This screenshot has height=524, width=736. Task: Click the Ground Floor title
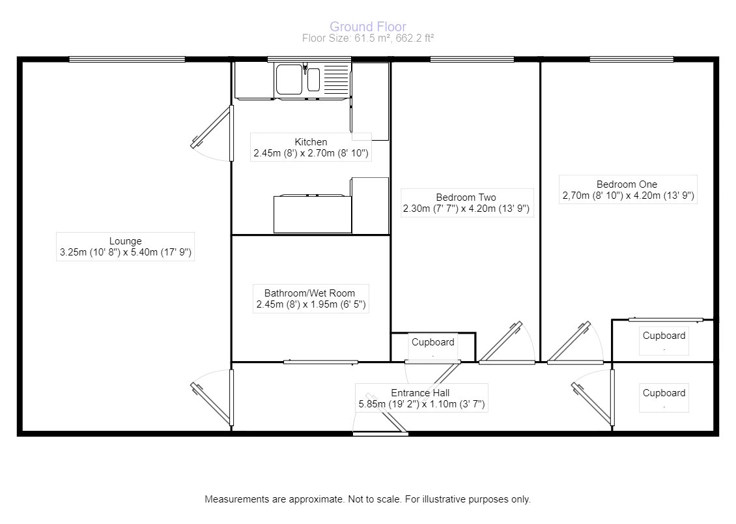pos(367,27)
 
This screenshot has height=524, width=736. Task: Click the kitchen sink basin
pos(289,80)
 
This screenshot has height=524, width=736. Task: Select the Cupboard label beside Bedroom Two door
pos(432,342)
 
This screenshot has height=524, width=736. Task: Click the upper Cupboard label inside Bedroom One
pos(664,336)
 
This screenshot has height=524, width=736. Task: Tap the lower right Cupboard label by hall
pos(664,394)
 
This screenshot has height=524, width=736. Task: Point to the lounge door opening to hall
pos(212,398)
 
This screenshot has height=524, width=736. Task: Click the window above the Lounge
pos(127,59)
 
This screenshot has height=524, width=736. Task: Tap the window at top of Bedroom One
pos(630,59)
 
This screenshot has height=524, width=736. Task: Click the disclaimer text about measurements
pos(367,500)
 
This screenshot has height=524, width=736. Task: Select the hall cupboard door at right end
pos(593,398)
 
